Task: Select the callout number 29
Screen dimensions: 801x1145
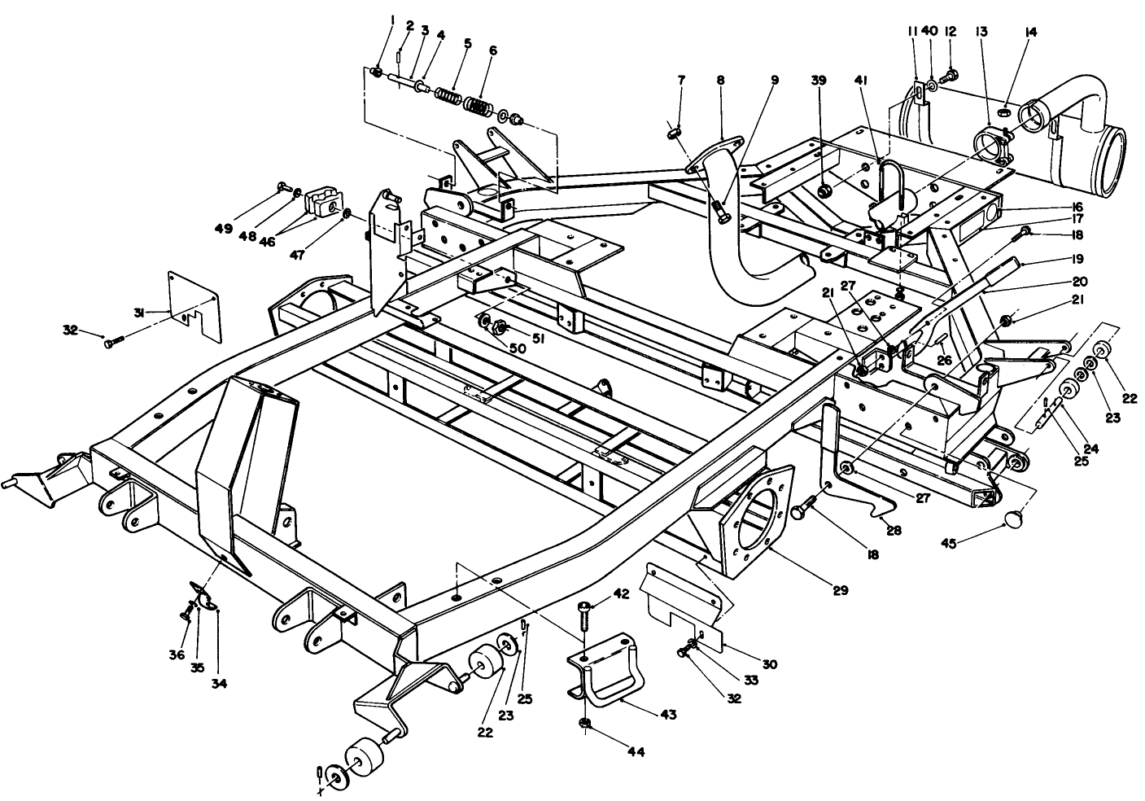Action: (x=840, y=589)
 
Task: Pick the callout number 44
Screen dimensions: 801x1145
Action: (x=636, y=753)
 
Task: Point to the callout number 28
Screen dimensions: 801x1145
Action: (x=894, y=530)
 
